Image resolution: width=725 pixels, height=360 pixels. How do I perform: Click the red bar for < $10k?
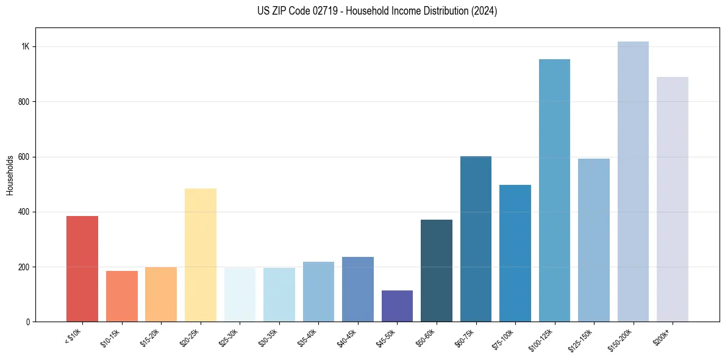[82, 268]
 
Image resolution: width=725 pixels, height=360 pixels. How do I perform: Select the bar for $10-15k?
[121, 296]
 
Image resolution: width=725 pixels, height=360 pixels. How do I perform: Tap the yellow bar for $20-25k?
[200, 255]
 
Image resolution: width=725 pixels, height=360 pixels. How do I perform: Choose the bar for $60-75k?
[476, 239]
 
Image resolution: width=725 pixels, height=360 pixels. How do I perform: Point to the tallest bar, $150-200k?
[633, 181]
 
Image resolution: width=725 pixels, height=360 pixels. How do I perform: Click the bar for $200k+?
[672, 199]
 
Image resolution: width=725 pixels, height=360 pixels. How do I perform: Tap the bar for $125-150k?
[593, 240]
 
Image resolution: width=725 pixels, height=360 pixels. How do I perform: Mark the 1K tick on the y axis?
[26, 47]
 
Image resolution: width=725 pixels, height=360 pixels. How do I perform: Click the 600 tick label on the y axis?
[24, 157]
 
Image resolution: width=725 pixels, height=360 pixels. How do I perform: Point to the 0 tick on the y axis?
[28, 322]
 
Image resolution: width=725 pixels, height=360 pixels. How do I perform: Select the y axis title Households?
[10, 175]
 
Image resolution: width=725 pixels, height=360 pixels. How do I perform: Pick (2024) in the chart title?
[484, 11]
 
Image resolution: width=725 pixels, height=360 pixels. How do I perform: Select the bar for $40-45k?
[357, 289]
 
